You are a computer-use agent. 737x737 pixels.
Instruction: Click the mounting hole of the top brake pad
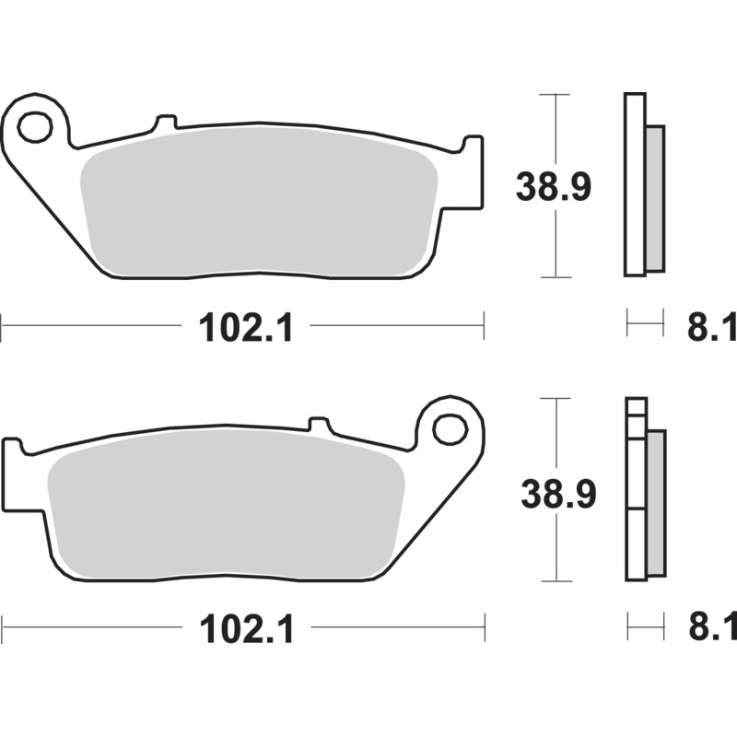click(35, 127)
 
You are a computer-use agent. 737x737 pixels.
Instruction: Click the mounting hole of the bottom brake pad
click(450, 428)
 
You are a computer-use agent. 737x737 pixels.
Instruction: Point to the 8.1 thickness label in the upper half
click(711, 327)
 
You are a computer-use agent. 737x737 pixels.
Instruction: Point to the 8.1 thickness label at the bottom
click(711, 630)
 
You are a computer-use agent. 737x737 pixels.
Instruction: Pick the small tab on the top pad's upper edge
click(166, 122)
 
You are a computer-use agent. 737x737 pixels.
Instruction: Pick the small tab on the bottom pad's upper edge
click(319, 425)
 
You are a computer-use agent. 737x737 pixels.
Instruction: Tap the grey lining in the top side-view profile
click(654, 198)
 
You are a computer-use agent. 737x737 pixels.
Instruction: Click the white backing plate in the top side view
click(634, 184)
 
